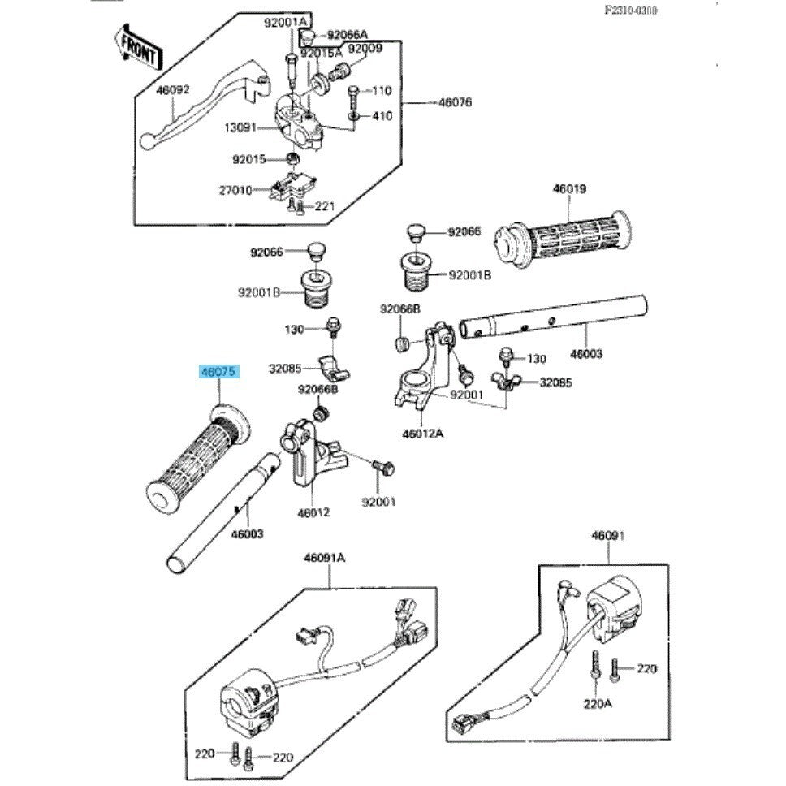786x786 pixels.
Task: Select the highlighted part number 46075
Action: [x=218, y=373]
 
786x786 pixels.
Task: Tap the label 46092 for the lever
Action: [x=172, y=90]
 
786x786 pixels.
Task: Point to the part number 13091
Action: [x=240, y=127]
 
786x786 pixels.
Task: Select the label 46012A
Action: [x=423, y=434]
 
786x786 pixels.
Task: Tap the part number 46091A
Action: [x=325, y=558]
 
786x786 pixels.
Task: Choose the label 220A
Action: [x=597, y=703]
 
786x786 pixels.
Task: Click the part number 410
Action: [x=382, y=116]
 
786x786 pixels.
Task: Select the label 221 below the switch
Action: [x=325, y=206]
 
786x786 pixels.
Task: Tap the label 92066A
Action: [x=347, y=35]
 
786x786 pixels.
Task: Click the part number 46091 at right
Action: [x=608, y=536]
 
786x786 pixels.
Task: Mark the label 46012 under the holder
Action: [x=313, y=513]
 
